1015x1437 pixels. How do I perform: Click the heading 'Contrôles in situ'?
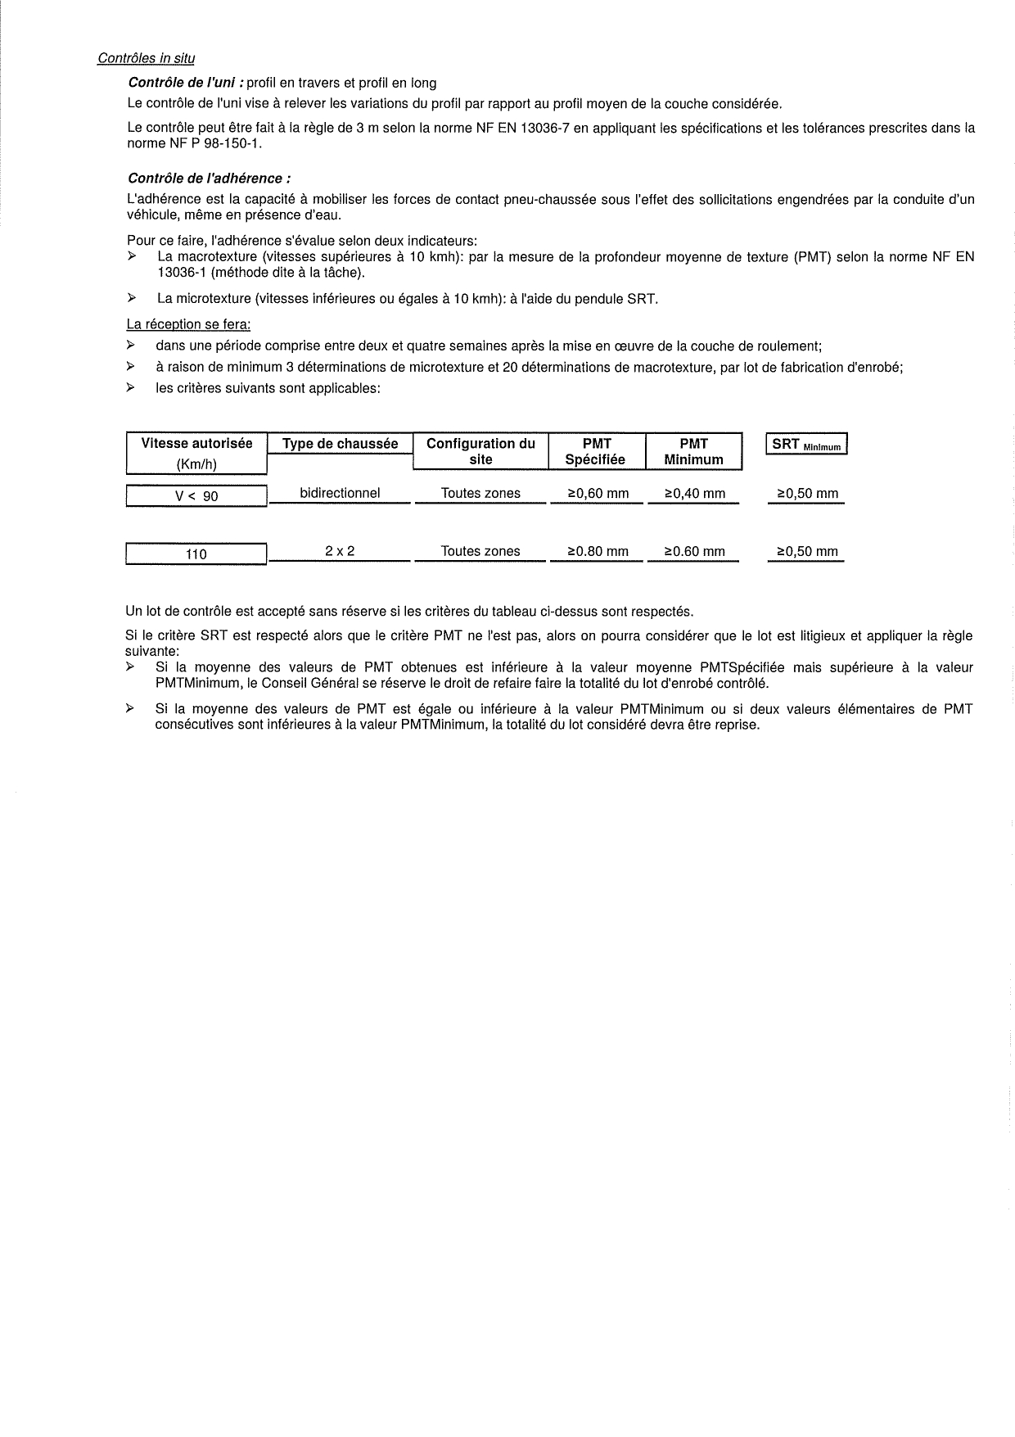click(146, 58)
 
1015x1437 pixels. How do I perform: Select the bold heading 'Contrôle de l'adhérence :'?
click(209, 178)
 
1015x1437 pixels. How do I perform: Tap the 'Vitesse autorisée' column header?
click(196, 444)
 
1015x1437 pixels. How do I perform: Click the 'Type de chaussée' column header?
click(340, 444)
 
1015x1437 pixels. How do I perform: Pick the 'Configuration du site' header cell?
click(480, 451)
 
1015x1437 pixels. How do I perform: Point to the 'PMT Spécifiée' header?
click(596, 451)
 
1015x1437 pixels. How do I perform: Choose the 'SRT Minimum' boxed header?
click(806, 445)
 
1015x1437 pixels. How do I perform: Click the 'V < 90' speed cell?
click(196, 496)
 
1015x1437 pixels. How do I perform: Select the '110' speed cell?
click(196, 554)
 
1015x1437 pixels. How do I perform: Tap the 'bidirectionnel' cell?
click(340, 493)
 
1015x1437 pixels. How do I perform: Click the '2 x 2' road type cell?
click(340, 551)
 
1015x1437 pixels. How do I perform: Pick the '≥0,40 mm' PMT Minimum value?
click(694, 494)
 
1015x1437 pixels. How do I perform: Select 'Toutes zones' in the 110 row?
click(480, 551)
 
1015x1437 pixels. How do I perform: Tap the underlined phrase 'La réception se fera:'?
click(188, 324)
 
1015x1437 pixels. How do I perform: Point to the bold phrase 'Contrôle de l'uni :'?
click(186, 83)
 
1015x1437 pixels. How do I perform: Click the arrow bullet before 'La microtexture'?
click(131, 299)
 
